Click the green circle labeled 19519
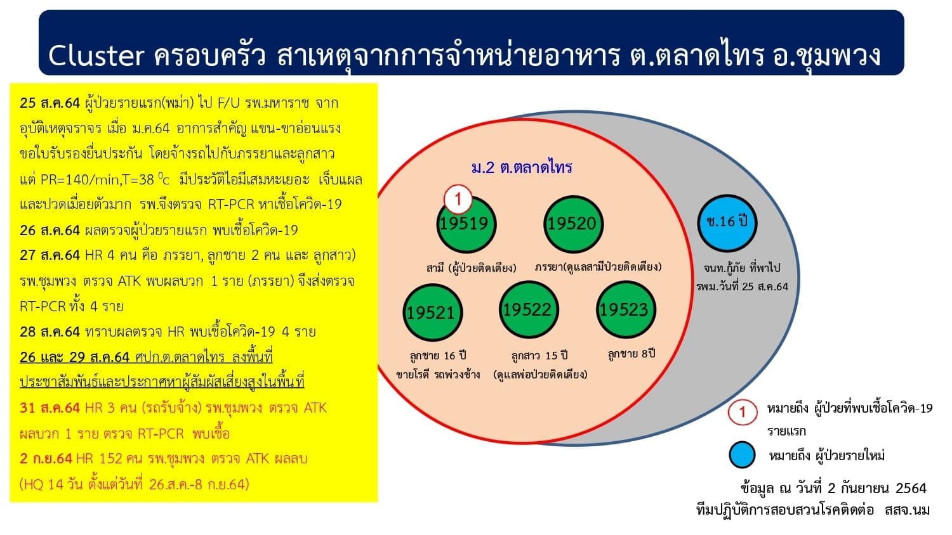[466, 224]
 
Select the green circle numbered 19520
[573, 224]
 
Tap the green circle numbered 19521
[433, 313]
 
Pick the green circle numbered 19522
[529, 310]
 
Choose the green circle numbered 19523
[626, 310]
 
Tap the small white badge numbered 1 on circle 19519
[458, 198]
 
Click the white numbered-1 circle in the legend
[742, 412]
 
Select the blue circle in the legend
[742, 454]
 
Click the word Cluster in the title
[96, 56]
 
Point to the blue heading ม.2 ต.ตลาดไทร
[522, 167]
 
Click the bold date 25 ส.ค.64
[50, 103]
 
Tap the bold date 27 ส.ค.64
[50, 255]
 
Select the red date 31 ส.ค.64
[50, 408]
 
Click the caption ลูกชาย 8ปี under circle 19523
[631, 354]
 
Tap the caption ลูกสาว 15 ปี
[539, 355]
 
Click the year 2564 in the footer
[911, 488]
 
